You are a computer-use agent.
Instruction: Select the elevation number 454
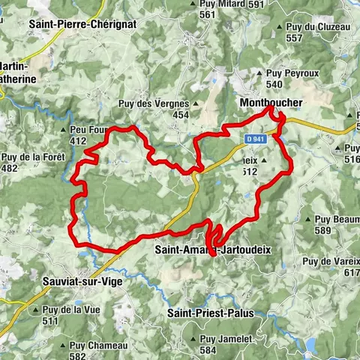181,115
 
